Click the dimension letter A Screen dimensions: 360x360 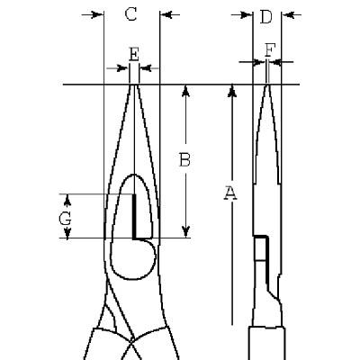pyautogui.click(x=230, y=193)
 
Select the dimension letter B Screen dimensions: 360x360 pyautogui.click(x=184, y=159)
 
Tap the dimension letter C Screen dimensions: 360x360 pyautogui.click(x=130, y=14)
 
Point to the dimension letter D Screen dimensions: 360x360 pyautogui.click(x=266, y=17)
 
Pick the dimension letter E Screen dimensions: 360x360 pyautogui.click(x=134, y=54)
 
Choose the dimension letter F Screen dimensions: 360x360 pyautogui.click(x=270, y=50)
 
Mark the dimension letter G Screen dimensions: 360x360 pyautogui.click(x=65, y=219)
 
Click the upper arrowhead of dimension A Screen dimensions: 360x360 pyautogui.click(x=232, y=91)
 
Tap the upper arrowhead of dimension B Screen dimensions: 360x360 pyautogui.click(x=186, y=91)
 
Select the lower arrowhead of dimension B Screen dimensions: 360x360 pyautogui.click(x=186, y=231)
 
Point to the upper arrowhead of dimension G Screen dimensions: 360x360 pyautogui.click(x=67, y=200)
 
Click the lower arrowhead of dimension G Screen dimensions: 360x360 pyautogui.click(x=67, y=232)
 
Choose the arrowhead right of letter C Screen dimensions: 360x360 pyautogui.click(x=166, y=14)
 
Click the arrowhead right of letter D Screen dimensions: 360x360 pyautogui.click(x=287, y=14)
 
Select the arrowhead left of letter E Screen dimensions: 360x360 pyautogui.click(x=123, y=68)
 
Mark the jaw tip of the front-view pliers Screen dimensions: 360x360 pyautogui.click(x=134, y=85)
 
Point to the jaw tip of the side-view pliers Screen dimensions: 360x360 pyautogui.click(x=267, y=85)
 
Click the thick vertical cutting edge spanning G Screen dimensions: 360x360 pyautogui.click(x=134, y=216)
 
